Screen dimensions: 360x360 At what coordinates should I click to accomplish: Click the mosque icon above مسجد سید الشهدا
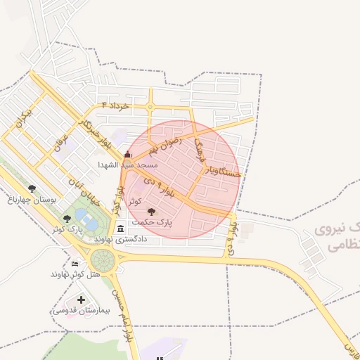pos(127,155)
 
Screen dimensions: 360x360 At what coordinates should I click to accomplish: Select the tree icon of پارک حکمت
pos(151,211)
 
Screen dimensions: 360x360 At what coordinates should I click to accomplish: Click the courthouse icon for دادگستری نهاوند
pos(120,229)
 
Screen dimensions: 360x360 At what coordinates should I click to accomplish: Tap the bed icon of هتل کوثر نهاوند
pos(75,264)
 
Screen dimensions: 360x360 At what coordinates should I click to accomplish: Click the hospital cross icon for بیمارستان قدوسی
pos(81,300)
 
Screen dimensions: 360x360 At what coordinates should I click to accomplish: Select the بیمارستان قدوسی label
pos(82,310)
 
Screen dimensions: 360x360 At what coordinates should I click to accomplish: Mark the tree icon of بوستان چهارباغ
pos(32,188)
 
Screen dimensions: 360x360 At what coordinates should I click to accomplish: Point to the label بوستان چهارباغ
pos(32,199)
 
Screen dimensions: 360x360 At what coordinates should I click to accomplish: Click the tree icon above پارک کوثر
pos(67,219)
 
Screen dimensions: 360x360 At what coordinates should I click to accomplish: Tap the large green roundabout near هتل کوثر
pos(103,262)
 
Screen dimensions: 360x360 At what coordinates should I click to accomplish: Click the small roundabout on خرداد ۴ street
pos(150,108)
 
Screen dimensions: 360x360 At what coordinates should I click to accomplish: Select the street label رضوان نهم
pos(165,144)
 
